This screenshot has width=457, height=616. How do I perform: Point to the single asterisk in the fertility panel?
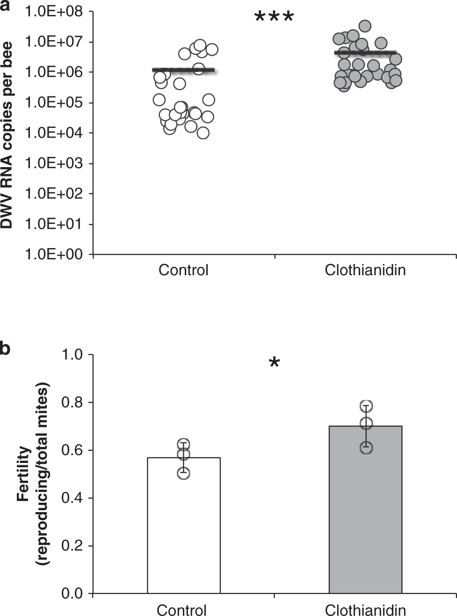pyautogui.click(x=274, y=363)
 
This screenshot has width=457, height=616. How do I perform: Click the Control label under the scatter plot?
pyautogui.click(x=183, y=271)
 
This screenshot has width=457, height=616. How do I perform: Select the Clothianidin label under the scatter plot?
pyautogui.click(x=365, y=271)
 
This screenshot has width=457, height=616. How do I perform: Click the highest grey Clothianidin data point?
pyautogui.click(x=365, y=26)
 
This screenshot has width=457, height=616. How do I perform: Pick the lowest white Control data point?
pyautogui.click(x=203, y=133)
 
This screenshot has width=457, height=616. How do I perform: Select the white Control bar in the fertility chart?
pyautogui.click(x=183, y=529)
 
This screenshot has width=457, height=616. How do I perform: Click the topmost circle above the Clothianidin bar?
pyautogui.click(x=366, y=406)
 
